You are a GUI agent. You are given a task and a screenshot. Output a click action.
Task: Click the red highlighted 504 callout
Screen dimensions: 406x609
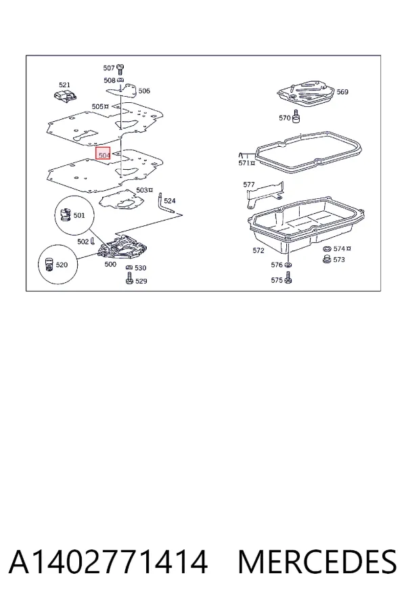coord(104,154)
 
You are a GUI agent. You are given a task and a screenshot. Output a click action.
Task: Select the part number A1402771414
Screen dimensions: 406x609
coord(108,562)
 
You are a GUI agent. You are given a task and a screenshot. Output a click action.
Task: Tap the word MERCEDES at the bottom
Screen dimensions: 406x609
coord(317,562)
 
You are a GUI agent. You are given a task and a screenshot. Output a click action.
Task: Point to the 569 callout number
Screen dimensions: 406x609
coord(342,91)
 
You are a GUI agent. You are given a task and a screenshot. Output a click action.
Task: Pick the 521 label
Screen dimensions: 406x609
coord(64,85)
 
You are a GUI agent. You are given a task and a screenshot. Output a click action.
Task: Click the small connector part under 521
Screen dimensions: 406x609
coord(65,95)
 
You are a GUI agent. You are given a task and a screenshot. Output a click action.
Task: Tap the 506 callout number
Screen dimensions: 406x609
coord(144,91)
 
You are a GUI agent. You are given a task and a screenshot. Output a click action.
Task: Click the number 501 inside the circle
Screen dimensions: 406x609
coord(79,215)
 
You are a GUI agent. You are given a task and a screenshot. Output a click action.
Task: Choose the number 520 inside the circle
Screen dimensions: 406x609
coord(62,265)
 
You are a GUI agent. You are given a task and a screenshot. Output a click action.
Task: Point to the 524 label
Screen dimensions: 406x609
coord(170,201)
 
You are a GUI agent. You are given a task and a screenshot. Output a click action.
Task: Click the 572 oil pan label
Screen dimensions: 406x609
coord(258,250)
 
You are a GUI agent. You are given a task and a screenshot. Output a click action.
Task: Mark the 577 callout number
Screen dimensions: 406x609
coord(248,185)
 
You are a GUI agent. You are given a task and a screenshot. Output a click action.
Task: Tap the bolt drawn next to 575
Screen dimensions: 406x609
coord(288,277)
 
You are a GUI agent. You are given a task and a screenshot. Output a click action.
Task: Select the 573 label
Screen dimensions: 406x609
coord(339,259)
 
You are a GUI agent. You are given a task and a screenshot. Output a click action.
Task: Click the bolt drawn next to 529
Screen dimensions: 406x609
coord(129,278)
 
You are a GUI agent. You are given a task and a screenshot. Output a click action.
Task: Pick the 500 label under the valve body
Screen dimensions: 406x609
coord(110,264)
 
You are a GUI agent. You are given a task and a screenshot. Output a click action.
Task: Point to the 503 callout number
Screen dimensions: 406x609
coord(142,190)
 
